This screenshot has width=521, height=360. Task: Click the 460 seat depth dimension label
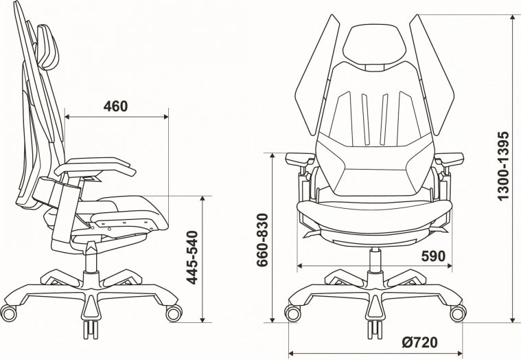[x=116, y=106]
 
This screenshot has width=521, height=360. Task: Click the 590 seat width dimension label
[x=433, y=256]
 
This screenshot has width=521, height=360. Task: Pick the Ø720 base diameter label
[x=419, y=341]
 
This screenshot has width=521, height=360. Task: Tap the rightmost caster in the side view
[x=173, y=312]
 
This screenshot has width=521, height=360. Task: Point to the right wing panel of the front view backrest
[x=434, y=76]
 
